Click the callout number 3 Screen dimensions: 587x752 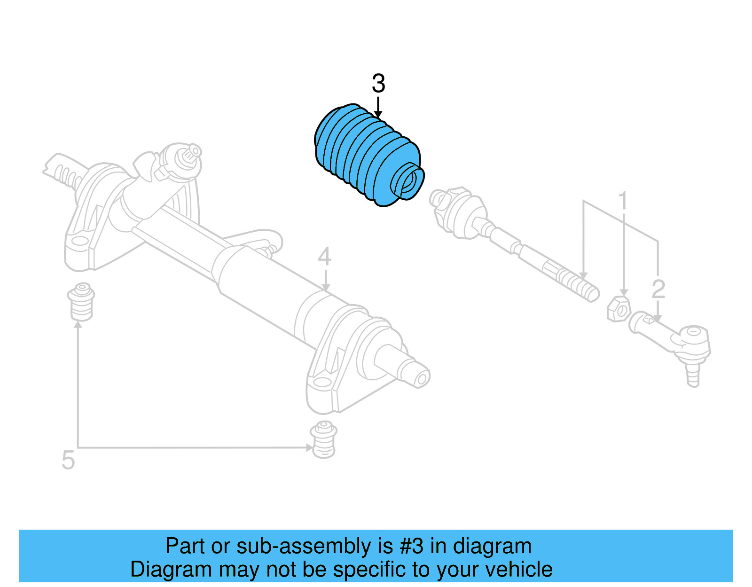point(378,84)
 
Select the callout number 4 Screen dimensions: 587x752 point(324,257)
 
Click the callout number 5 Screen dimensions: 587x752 point(68,460)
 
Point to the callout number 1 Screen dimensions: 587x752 point(623,201)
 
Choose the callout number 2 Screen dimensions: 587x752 point(658,289)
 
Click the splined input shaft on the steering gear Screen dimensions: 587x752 point(191,153)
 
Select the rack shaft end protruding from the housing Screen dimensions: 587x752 point(414,371)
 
